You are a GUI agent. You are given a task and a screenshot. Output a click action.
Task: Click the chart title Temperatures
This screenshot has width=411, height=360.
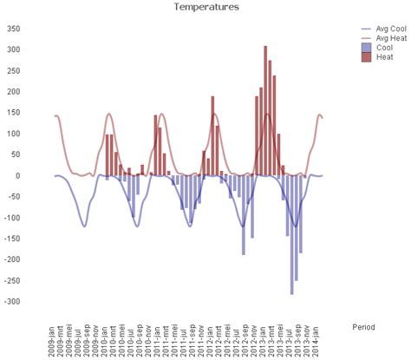[x=205, y=7]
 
